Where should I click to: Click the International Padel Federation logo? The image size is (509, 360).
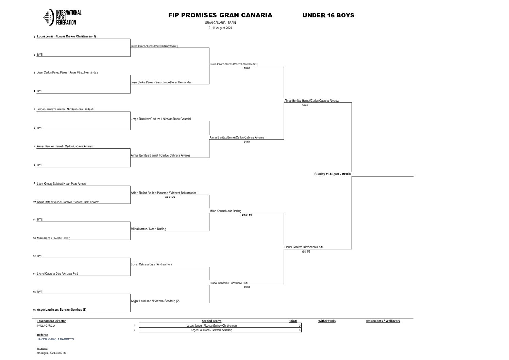62,17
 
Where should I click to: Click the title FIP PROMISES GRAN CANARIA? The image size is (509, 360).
220,15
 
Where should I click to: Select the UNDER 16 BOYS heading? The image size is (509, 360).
328,15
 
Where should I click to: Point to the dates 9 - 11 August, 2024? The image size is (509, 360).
220,28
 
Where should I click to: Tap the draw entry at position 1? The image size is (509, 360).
66,36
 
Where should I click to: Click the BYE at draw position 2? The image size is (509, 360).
40,55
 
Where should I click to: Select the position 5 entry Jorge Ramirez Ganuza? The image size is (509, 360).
65,109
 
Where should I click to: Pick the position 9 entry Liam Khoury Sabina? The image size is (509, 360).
61,184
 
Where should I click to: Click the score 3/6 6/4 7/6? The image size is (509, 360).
170,197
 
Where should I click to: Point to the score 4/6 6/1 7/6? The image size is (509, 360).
247,215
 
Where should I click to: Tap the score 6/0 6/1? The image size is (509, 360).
247,68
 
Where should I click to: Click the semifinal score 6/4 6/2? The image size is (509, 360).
306,252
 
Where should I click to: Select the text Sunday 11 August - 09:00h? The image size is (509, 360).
333,174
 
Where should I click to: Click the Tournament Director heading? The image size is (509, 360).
51,321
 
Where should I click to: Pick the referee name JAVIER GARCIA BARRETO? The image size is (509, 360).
55,339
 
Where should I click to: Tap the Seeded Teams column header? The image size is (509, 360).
211,321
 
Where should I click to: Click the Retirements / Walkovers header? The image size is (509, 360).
383,321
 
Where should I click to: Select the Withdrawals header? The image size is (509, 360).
327,321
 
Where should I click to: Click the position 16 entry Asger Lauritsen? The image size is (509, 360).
62,310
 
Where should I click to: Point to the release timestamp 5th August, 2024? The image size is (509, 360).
52,353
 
